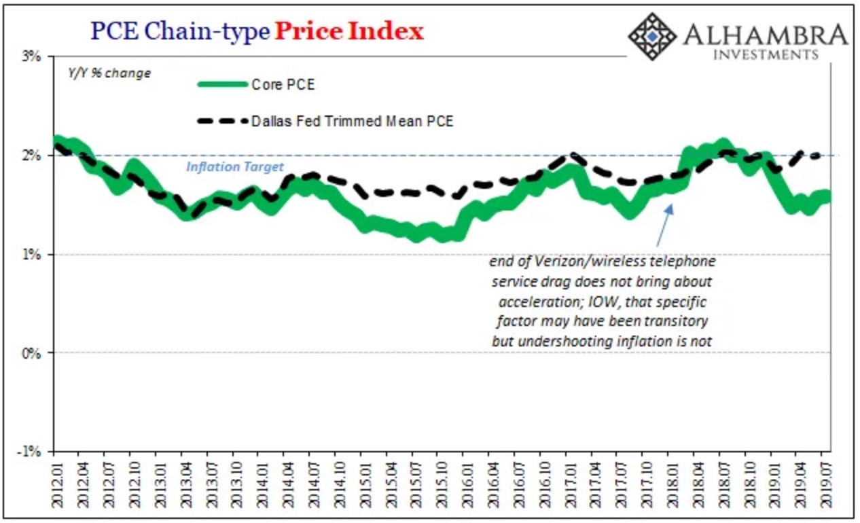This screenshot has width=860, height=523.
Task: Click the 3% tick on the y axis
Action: pyautogui.click(x=33, y=57)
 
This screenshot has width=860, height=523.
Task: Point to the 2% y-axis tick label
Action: pyautogui.click(x=33, y=156)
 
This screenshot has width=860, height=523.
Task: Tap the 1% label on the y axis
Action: pyautogui.click(x=33, y=255)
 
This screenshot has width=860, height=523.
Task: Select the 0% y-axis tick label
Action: pyautogui.click(x=33, y=353)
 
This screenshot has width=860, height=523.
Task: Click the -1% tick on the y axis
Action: pyautogui.click(x=31, y=452)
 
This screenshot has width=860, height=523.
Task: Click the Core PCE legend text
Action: pyautogui.click(x=283, y=85)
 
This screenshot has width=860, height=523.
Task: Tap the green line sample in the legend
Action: pyautogui.click(x=222, y=85)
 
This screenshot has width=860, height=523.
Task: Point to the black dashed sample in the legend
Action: pyautogui.click(x=222, y=122)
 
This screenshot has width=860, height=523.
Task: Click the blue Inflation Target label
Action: pyautogui.click(x=235, y=167)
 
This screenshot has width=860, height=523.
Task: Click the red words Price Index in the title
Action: pyautogui.click(x=348, y=31)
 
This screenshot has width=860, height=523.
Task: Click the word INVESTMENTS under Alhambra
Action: pyautogui.click(x=766, y=54)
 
